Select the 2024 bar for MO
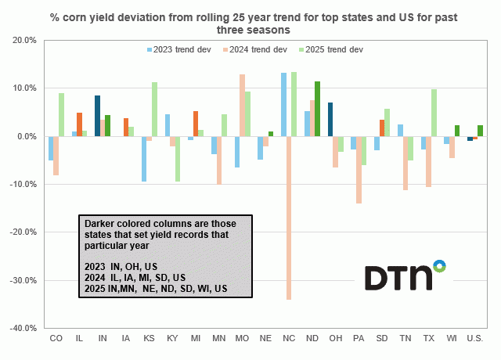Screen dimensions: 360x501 [x=243, y=106]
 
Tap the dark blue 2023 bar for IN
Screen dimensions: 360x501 [x=97, y=116]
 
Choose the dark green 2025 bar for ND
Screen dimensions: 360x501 [x=317, y=109]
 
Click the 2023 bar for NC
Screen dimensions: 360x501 [x=283, y=105]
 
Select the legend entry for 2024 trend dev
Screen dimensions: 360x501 [x=255, y=49]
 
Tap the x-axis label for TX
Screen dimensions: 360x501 [x=427, y=338]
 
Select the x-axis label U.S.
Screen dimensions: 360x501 [x=474, y=338]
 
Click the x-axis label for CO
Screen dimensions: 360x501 [x=56, y=338]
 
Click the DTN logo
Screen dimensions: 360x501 [x=405, y=275]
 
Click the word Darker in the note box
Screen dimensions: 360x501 [x=102, y=223]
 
